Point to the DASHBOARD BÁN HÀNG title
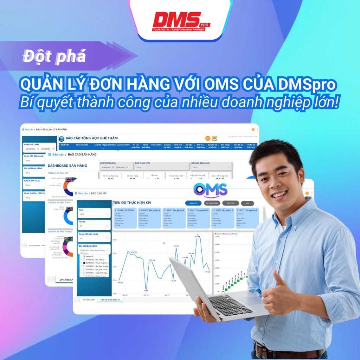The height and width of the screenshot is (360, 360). pyautogui.click(x=67, y=165)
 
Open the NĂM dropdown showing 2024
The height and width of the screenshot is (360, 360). pyautogui.click(x=94, y=213)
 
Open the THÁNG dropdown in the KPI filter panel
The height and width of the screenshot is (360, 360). pyautogui.click(x=94, y=226)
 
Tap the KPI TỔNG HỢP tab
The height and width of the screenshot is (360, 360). pyautogui.click(x=89, y=300)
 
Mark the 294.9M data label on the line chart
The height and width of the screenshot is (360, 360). pyautogui.click(x=134, y=252)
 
